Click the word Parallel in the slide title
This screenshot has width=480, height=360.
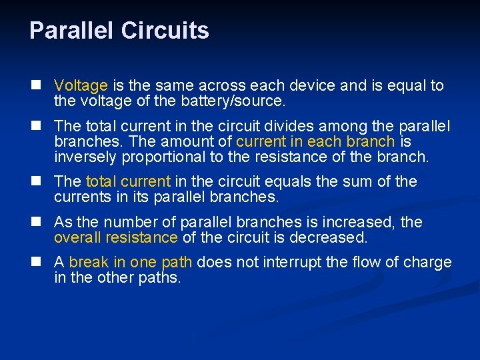click(71, 31)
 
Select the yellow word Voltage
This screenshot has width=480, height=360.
click(81, 86)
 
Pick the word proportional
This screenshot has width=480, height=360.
click(157, 158)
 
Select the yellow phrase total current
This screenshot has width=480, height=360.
click(128, 182)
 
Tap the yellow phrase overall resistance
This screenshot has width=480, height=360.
click(115, 238)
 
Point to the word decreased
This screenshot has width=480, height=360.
click(331, 238)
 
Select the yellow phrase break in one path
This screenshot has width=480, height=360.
click(131, 262)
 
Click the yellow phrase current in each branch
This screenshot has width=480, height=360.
click(315, 142)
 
